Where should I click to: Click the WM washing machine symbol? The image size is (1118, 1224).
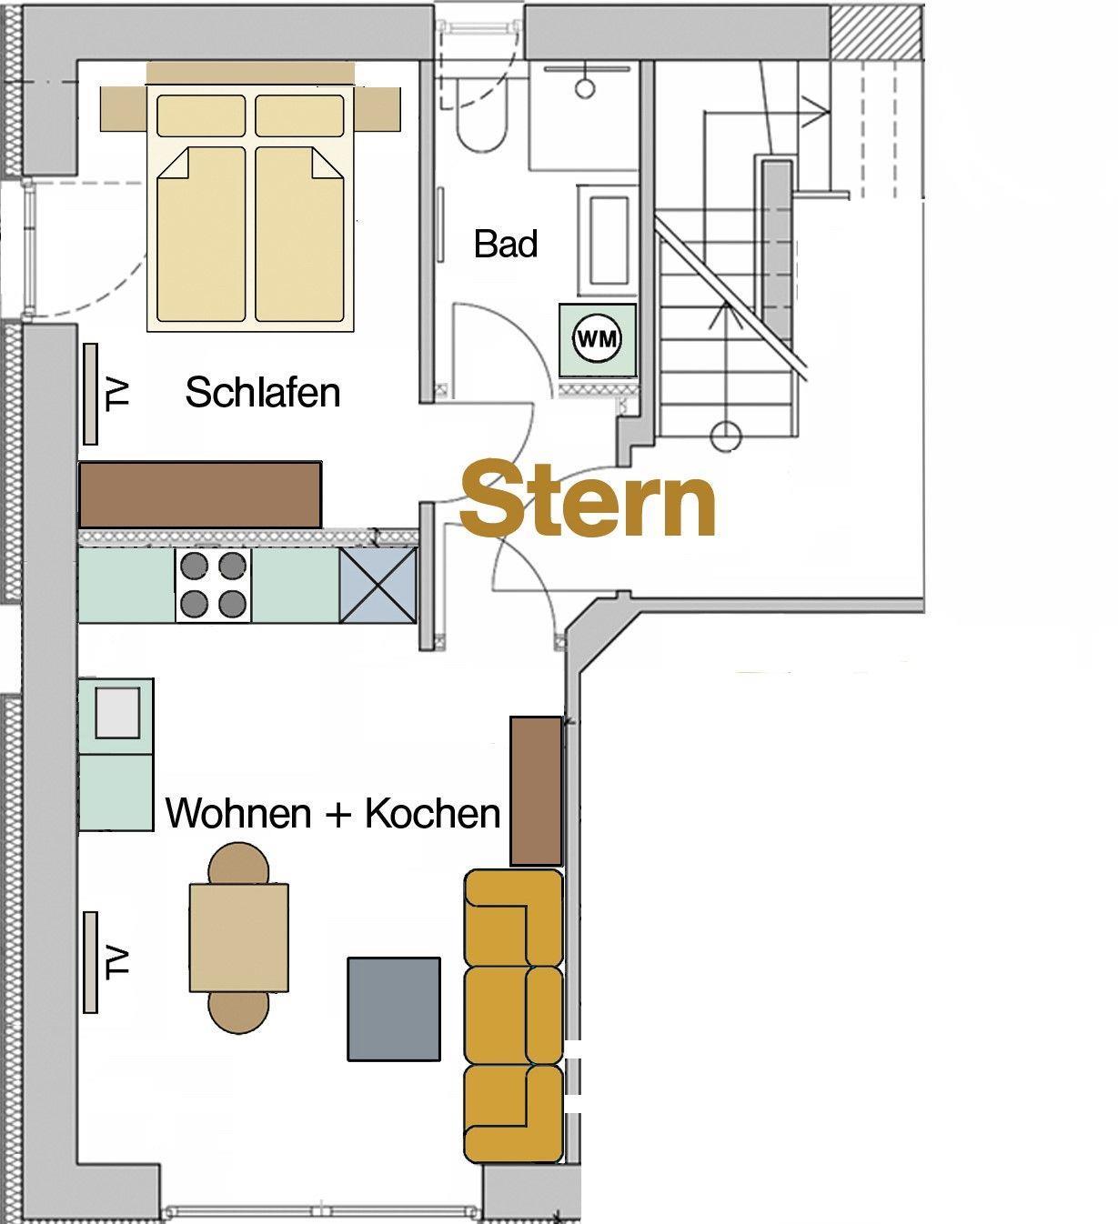(597, 338)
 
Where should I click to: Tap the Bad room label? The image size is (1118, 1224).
(505, 244)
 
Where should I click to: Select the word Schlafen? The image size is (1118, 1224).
(263, 392)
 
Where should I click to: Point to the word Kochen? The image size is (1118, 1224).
(433, 813)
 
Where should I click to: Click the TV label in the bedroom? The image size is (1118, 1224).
(117, 394)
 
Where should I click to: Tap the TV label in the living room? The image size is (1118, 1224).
(117, 962)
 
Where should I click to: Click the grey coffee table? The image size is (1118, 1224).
(393, 1008)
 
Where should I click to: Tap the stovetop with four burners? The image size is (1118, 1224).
(213, 585)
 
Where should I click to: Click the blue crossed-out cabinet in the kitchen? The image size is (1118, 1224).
(378, 585)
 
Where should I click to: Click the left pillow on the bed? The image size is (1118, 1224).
(201, 115)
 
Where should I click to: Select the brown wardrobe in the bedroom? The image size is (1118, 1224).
(199, 494)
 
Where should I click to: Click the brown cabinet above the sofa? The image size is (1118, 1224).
(536, 790)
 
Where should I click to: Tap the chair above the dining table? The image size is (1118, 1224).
(238, 863)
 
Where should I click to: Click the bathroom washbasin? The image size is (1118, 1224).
(608, 240)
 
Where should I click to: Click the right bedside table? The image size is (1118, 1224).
(378, 109)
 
